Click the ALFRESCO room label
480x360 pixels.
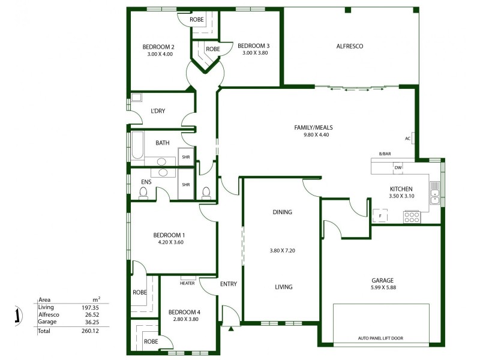pos(350,46)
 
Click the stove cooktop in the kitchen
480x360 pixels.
pos(412,217)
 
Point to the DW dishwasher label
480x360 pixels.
pos(397,168)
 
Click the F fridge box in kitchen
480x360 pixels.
pos(379,215)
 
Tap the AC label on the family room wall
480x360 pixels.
pos(407,139)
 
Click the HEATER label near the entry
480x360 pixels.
pos(187,283)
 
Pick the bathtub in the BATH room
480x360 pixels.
pos(137,146)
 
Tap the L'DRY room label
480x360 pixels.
pos(157,111)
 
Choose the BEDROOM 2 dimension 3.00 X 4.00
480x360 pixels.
pos(160,54)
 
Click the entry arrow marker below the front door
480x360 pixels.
pos(230,328)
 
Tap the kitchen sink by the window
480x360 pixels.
pos(434,191)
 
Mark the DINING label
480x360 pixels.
pos(282,212)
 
